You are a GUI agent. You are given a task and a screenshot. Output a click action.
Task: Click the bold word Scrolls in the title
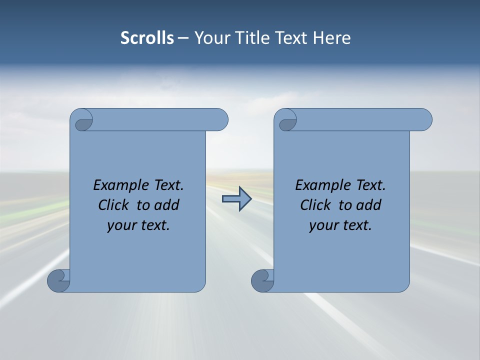pos(147,38)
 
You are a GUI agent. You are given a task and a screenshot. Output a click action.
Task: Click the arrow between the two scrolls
pos(236,199)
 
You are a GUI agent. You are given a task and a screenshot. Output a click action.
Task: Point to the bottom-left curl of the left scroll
pos(58,280)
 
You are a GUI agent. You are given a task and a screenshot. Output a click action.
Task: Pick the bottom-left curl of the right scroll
pos(262,280)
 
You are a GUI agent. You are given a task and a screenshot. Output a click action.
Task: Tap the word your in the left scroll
pos(120,226)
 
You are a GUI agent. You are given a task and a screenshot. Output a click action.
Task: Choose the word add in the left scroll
pos(167,205)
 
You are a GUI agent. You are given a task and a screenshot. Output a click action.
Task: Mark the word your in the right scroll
pos(322,226)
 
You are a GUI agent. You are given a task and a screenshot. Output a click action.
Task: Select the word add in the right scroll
pos(369,205)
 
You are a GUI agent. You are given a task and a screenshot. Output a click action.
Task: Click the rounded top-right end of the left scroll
pos(220,119)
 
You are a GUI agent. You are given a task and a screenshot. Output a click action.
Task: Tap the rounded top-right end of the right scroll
pos(424,119)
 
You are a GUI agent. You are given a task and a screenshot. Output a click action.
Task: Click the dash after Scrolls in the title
pos(183,38)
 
